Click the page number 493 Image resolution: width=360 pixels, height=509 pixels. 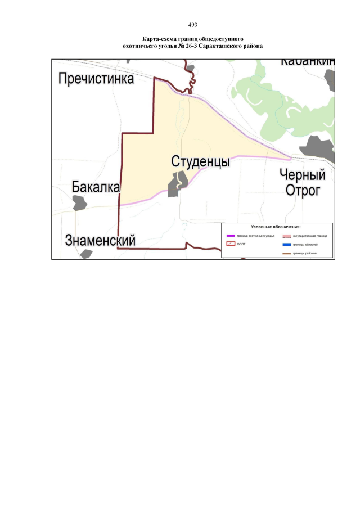[192, 25]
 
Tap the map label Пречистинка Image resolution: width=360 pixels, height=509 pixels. [97, 79]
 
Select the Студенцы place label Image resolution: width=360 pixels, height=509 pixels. [200, 162]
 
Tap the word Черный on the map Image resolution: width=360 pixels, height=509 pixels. [303, 175]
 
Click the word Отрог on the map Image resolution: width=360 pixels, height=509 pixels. [303, 191]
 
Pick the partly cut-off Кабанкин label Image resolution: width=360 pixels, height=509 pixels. [308, 61]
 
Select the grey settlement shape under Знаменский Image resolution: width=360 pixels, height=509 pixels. [86, 254]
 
